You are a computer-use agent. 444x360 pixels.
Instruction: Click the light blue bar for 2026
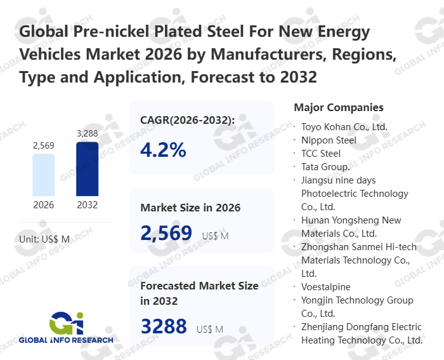point(44,175)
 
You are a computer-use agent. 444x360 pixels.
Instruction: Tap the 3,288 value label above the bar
point(87,133)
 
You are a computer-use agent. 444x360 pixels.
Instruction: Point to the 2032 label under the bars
point(87,205)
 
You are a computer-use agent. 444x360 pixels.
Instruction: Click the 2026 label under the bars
point(44,205)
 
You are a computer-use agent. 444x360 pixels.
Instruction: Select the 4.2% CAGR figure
point(164,150)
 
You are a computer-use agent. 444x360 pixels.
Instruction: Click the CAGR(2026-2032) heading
point(188,120)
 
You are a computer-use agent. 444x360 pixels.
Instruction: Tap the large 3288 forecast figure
point(164,326)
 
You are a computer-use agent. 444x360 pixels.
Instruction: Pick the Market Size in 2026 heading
point(190,208)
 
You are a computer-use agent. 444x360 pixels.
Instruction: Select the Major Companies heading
point(339,107)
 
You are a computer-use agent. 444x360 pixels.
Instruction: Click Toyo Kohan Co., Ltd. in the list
point(344,126)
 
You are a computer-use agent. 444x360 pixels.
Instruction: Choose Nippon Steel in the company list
point(329,140)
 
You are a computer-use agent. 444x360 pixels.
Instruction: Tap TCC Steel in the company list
point(321,153)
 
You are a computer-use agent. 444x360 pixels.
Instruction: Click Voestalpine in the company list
point(325,287)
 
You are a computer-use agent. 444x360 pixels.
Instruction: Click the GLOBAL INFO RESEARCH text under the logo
point(66,340)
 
